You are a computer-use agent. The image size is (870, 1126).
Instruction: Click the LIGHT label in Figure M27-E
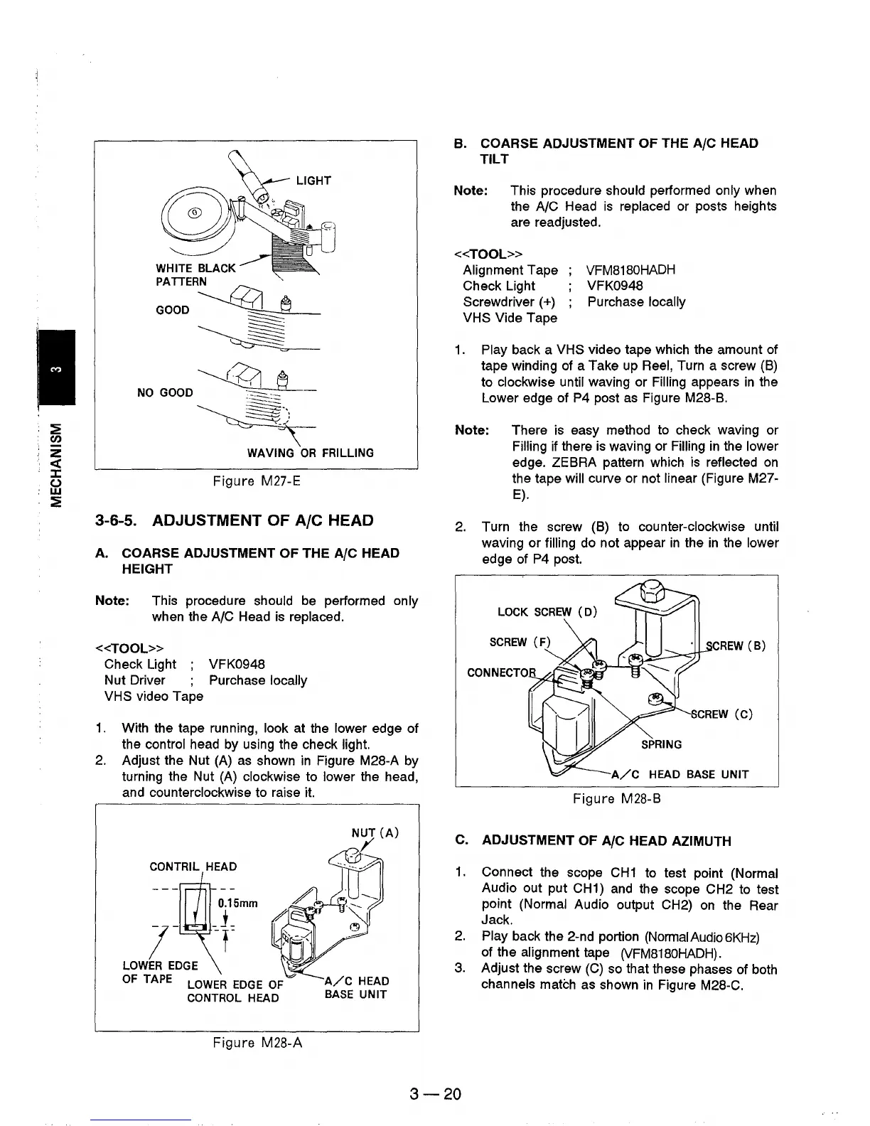pos(313,181)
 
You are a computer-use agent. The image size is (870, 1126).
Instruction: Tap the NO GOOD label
pos(164,392)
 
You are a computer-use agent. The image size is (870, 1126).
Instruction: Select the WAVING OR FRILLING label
pos(310,454)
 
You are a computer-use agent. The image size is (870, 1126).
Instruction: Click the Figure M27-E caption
pos(257,481)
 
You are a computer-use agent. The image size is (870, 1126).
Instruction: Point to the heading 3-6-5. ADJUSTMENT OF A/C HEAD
pos(234,520)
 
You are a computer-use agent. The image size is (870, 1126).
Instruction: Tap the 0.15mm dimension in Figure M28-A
pos(237,904)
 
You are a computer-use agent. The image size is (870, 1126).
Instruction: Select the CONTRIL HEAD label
pos(193,867)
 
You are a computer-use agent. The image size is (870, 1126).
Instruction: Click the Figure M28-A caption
pos(257,1043)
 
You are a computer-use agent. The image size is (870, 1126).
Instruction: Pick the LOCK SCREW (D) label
pos(547,612)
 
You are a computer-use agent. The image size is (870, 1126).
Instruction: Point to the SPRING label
pos(661,744)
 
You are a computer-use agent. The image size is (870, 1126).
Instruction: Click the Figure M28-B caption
pos(617,799)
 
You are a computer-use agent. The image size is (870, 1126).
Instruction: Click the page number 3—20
pos(436,1094)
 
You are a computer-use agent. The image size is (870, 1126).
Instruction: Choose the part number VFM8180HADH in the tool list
pos(630,270)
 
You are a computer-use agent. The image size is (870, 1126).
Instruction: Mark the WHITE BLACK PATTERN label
pos(195,274)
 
